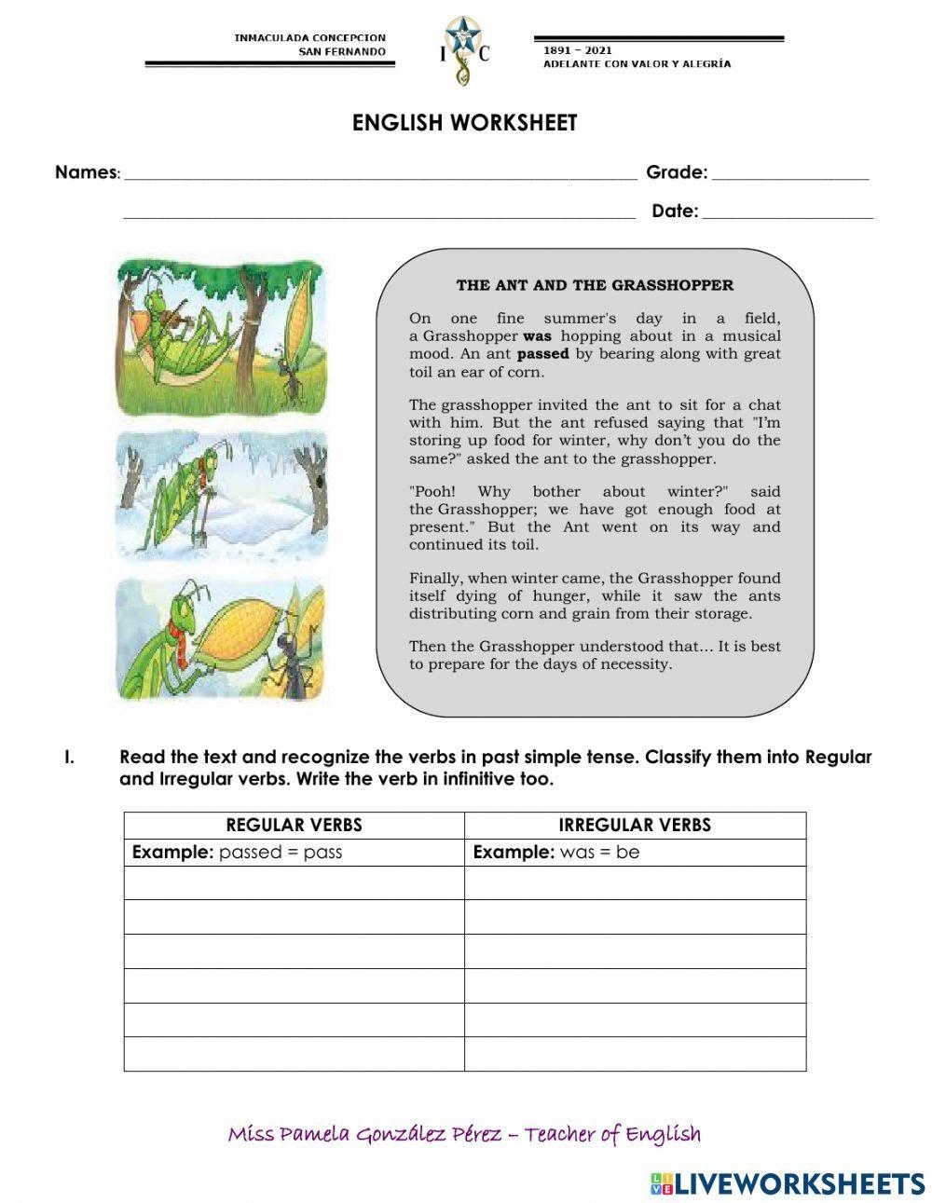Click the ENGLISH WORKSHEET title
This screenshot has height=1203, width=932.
tap(464, 123)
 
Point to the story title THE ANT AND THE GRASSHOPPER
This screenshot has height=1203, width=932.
tap(595, 285)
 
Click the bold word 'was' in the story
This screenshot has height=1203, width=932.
tap(538, 335)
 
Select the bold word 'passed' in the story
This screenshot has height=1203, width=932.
tap(542, 354)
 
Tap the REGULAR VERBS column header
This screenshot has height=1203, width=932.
tap(294, 825)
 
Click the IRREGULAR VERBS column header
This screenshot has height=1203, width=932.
tap(634, 825)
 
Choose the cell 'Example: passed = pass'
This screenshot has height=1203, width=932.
tap(238, 852)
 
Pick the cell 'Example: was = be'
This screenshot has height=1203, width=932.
tap(556, 852)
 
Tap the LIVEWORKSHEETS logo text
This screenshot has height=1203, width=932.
tap(800, 1183)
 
